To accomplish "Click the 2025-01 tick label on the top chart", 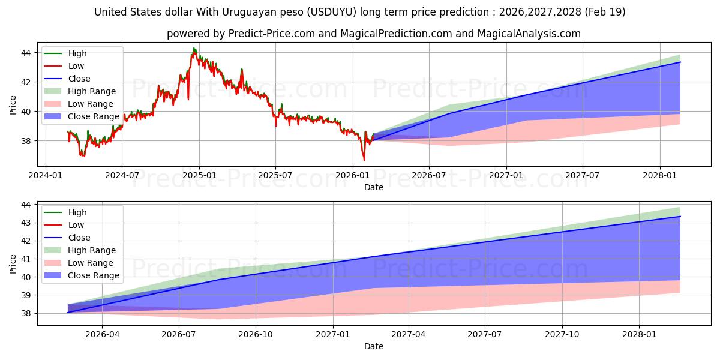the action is (x=199, y=175).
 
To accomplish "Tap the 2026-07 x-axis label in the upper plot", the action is (x=429, y=175).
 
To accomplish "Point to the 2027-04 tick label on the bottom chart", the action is (x=408, y=335).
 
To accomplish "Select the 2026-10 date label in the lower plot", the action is (x=256, y=335).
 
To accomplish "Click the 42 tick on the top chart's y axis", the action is (x=26, y=82).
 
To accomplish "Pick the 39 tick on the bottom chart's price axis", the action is (x=26, y=295).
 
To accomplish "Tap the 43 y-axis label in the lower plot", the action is (x=26, y=223).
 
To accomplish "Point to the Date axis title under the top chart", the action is (x=373, y=187).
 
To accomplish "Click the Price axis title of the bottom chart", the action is (x=13, y=264).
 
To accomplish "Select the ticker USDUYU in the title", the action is (x=332, y=12).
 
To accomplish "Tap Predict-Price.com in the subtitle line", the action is (x=272, y=34).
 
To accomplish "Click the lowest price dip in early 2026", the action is (x=364, y=160).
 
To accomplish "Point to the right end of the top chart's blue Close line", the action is (x=680, y=62).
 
